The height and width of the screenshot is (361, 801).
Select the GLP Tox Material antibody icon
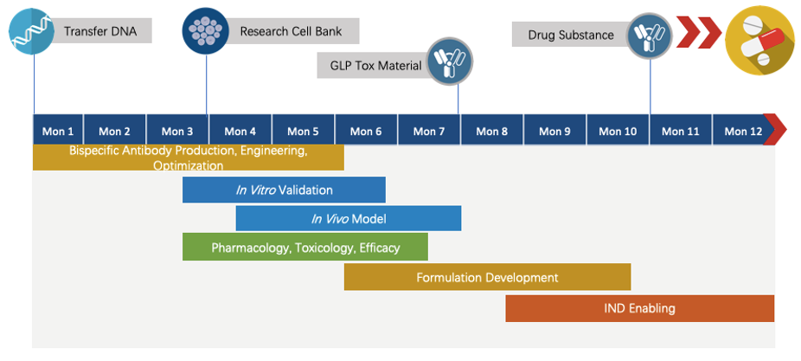tap(450, 62)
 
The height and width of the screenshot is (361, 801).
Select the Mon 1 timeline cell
tap(58, 131)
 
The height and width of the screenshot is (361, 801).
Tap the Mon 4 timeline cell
tap(240, 131)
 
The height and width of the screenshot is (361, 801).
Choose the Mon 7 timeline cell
tap(429, 131)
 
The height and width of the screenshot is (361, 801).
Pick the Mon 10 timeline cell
tap(618, 131)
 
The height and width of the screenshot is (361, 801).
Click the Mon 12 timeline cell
tap(741, 131)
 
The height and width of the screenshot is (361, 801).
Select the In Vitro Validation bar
tap(284, 190)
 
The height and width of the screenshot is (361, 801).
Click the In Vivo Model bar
tap(348, 218)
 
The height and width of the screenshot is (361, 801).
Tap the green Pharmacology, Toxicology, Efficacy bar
tap(304, 248)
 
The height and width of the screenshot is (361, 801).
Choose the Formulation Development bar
tap(487, 278)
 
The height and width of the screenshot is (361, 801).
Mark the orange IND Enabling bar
tap(639, 308)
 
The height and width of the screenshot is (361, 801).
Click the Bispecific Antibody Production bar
tap(188, 158)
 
